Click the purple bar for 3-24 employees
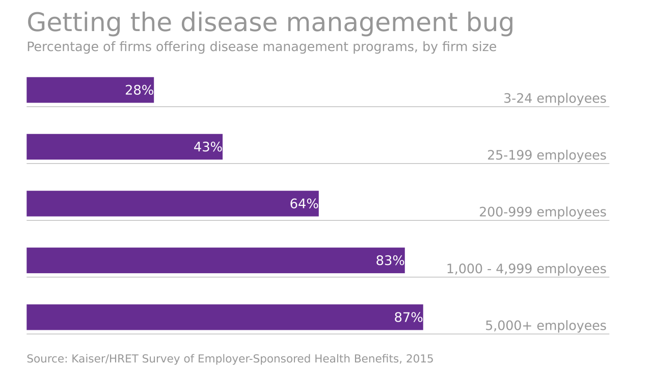point(76,90)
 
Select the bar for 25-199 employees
point(110,147)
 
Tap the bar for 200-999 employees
point(158,204)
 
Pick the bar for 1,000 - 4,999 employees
point(201,260)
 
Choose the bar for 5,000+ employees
point(209,318)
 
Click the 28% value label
point(139,91)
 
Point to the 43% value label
point(208,147)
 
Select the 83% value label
point(390,261)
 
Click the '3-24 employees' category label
point(555,99)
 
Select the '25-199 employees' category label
point(547,155)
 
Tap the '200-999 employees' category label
point(542,212)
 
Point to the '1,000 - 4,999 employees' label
point(526,269)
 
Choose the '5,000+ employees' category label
point(546,326)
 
